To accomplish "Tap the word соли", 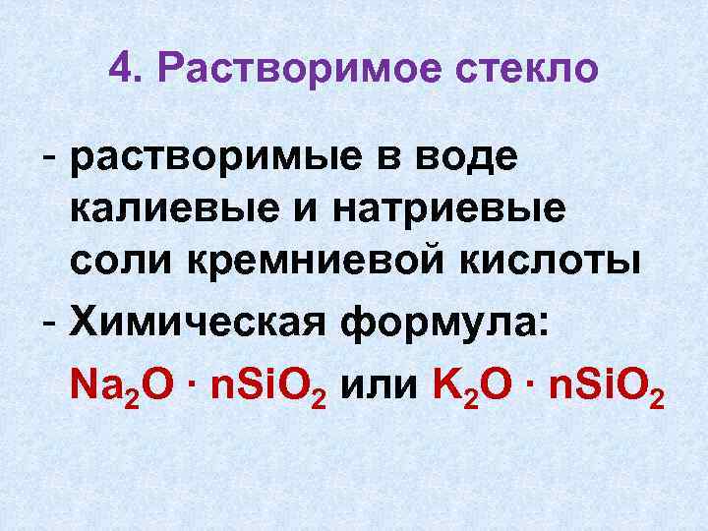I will point(112,259).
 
